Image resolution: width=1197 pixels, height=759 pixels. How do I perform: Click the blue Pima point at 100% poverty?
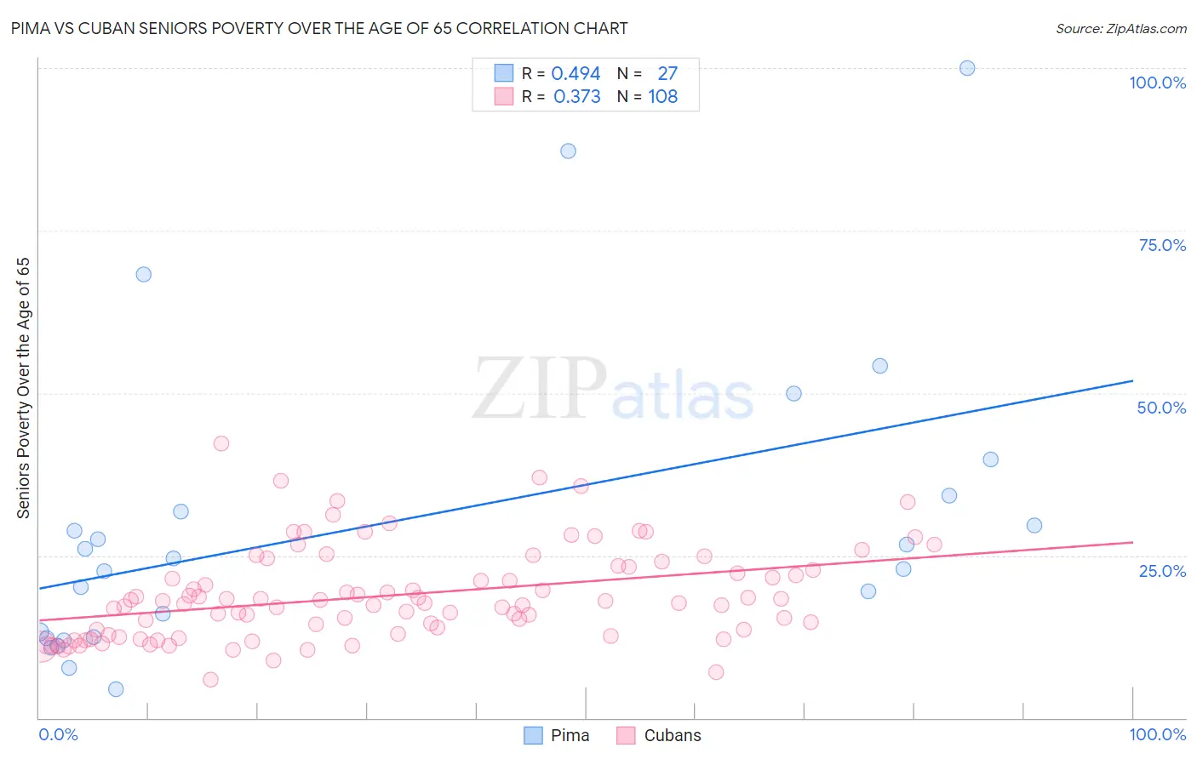(x=967, y=68)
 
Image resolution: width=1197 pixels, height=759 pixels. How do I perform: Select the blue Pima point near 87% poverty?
(x=568, y=151)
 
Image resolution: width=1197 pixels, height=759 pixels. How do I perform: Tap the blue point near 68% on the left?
(x=143, y=274)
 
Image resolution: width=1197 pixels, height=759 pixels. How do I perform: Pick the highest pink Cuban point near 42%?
(x=220, y=443)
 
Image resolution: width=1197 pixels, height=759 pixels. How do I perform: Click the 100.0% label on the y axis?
(x=1157, y=83)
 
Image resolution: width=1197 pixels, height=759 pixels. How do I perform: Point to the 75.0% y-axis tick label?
(x=1162, y=245)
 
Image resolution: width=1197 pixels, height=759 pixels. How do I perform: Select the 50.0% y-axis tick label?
(x=1161, y=408)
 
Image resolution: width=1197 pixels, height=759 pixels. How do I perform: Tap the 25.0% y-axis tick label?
(x=1162, y=571)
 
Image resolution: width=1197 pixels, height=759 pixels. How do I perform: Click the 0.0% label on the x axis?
(x=58, y=734)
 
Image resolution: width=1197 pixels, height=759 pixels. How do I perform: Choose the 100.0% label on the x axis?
(x=1157, y=734)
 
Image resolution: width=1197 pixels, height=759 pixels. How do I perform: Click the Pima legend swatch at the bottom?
(x=533, y=735)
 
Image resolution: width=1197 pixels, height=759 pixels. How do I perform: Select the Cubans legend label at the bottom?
(x=673, y=735)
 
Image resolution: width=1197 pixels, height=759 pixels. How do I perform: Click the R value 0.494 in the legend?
(x=576, y=74)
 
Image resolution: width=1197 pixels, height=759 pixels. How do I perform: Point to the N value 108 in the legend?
(x=662, y=97)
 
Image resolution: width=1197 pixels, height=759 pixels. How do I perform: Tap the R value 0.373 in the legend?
(x=576, y=97)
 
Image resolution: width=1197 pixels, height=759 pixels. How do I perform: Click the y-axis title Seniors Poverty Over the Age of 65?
(x=24, y=388)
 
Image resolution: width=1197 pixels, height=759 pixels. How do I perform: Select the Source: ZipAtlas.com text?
(x=1120, y=29)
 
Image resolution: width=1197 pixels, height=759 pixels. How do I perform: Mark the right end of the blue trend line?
(x=1132, y=380)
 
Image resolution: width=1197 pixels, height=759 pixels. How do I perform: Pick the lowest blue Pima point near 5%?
(x=116, y=689)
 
